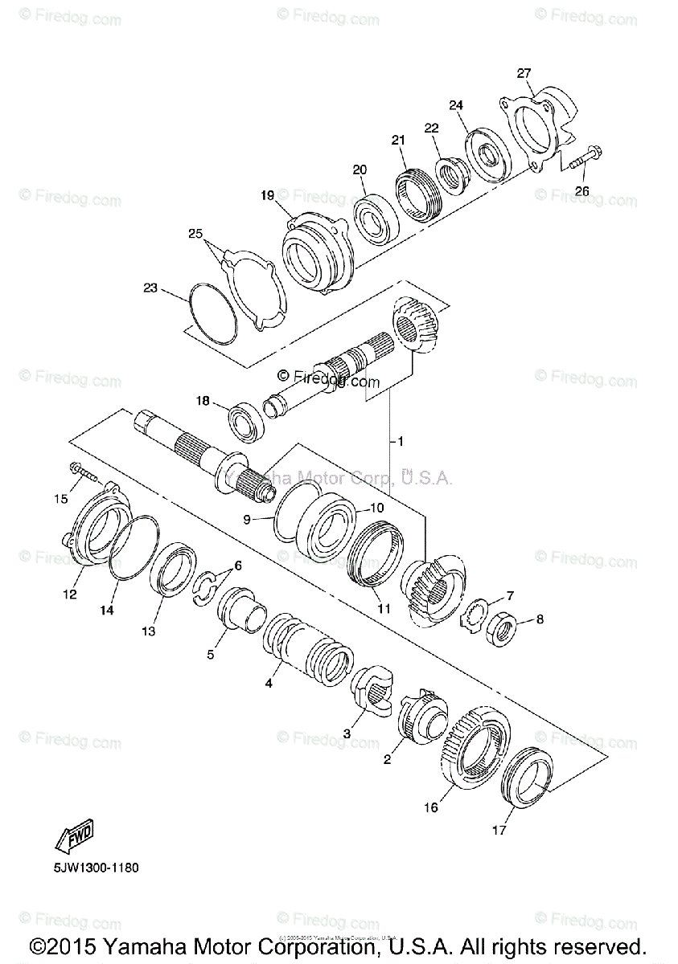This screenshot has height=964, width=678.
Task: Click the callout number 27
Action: tap(524, 73)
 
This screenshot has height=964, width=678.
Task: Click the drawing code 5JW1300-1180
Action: tap(97, 867)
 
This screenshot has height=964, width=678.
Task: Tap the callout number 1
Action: tap(400, 441)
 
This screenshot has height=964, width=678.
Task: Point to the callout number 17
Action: tap(499, 831)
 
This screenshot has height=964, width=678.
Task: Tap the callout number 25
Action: tap(195, 234)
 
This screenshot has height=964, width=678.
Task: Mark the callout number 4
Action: tap(269, 684)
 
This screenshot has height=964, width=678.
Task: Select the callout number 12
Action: tap(69, 594)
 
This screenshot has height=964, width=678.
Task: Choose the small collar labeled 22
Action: tap(450, 176)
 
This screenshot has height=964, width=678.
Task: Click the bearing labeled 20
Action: tap(375, 215)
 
